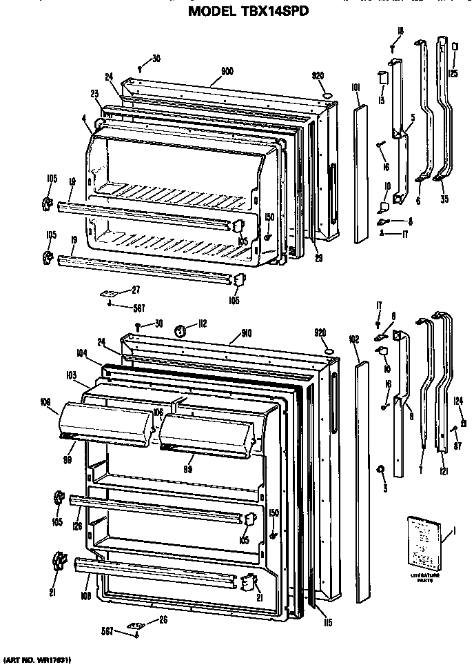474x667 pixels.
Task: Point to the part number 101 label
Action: click(355, 88)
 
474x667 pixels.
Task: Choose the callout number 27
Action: click(136, 290)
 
